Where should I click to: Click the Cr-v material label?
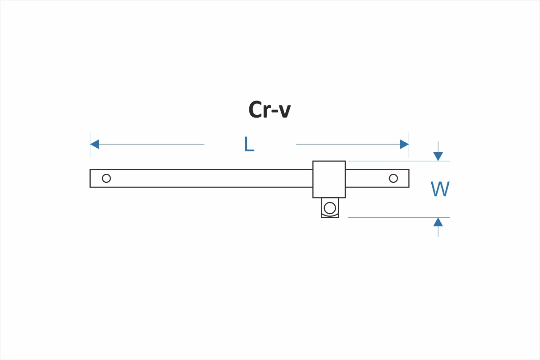click(x=270, y=110)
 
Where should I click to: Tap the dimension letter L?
click(x=249, y=145)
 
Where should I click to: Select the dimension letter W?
click(x=440, y=189)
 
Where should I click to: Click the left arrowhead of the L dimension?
click(x=94, y=144)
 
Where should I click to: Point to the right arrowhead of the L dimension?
click(x=404, y=144)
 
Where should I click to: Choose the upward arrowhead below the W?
click(x=438, y=222)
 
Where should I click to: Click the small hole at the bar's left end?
click(x=106, y=178)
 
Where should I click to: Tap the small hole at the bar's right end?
click(x=393, y=178)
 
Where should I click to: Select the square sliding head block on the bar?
click(x=329, y=179)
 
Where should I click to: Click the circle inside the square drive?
click(x=330, y=208)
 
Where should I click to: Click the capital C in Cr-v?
click(x=256, y=110)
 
